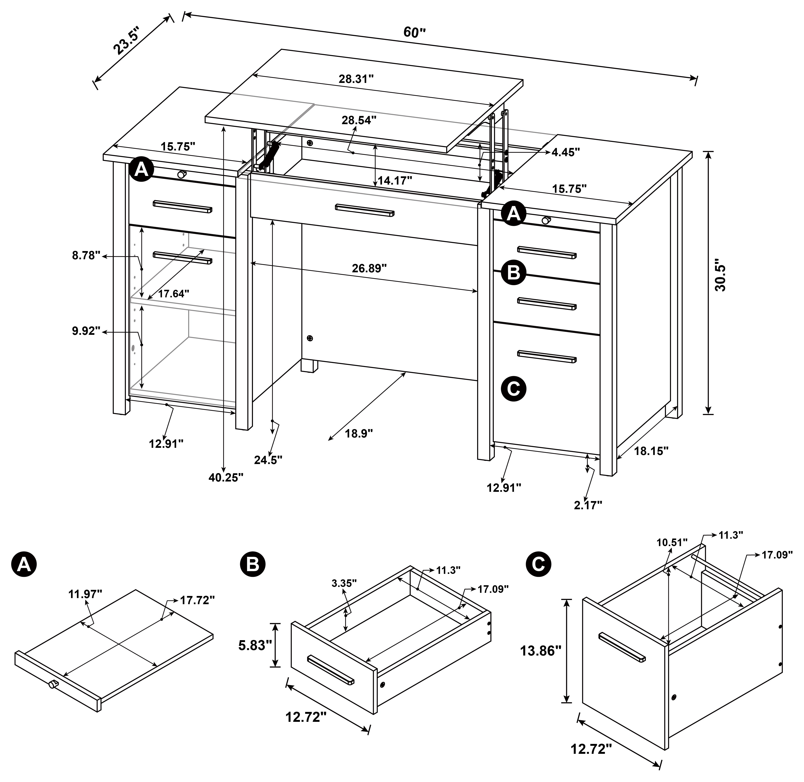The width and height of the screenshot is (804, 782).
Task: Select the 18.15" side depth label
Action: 651,451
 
